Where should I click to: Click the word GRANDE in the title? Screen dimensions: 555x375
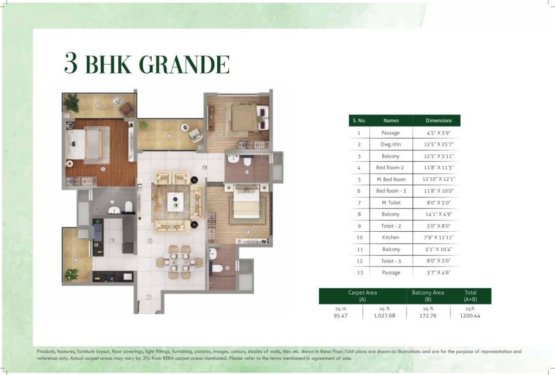pos(184,64)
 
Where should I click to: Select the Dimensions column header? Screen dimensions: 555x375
pos(438,120)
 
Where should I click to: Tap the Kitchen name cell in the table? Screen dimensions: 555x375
pos(390,238)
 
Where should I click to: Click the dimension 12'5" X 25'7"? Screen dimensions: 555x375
pos(438,144)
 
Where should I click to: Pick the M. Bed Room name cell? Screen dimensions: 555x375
pos(391,179)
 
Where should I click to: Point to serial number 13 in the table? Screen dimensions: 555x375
pos(360,272)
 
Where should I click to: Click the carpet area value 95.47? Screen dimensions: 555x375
pos(340,315)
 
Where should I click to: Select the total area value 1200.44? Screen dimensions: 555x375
pos(470,315)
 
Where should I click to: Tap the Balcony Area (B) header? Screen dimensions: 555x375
pos(428,296)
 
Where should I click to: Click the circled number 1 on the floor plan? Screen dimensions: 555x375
pos(149,297)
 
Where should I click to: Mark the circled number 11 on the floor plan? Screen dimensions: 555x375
pos(76,259)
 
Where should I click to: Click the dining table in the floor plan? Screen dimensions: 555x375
pos(179,263)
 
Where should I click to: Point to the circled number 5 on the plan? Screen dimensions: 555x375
pos(103,169)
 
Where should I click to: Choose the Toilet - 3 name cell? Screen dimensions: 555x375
pos(391,261)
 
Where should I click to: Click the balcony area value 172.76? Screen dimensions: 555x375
pos(428,315)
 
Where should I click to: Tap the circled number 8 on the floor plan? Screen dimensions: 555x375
pos(98,105)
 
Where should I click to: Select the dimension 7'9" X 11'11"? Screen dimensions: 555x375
pos(438,238)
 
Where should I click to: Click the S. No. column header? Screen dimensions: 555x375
pos(359,120)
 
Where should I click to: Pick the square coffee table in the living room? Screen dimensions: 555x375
pos(176,202)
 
